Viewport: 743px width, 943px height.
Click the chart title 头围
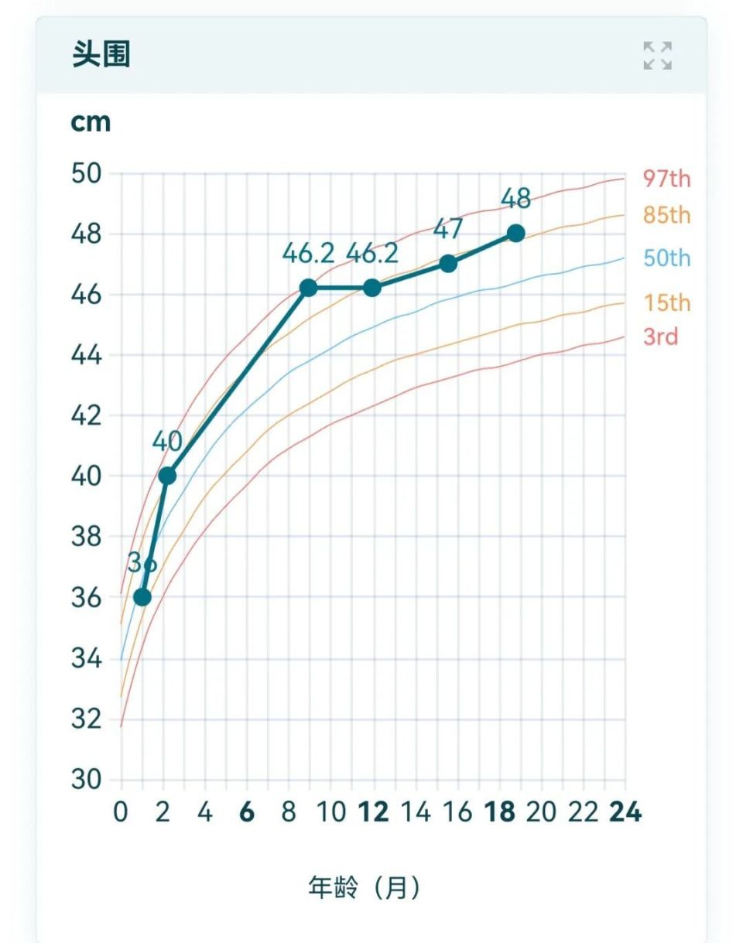point(101,56)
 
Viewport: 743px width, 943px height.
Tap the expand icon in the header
point(657,56)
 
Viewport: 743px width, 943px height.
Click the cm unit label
point(91,122)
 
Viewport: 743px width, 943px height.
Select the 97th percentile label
point(666,179)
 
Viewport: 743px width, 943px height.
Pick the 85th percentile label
point(666,215)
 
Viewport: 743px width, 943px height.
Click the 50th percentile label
point(666,258)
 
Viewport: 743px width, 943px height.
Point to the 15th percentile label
point(666,302)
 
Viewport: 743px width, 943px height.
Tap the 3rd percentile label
point(660,337)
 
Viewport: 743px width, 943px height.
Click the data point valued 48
point(515,233)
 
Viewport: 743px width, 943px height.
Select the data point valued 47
point(448,263)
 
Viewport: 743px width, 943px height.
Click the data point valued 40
point(166,476)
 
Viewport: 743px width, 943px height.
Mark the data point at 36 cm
point(142,597)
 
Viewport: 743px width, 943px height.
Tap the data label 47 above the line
point(448,229)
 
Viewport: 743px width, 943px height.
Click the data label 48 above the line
point(515,199)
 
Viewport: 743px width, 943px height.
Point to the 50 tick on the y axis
point(86,173)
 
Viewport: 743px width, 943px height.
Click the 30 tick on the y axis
point(86,780)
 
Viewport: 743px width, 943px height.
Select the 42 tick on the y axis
point(86,415)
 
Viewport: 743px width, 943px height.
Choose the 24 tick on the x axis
point(625,813)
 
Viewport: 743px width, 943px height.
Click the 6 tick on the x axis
point(247,813)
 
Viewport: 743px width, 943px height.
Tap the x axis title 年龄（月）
point(365,887)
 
